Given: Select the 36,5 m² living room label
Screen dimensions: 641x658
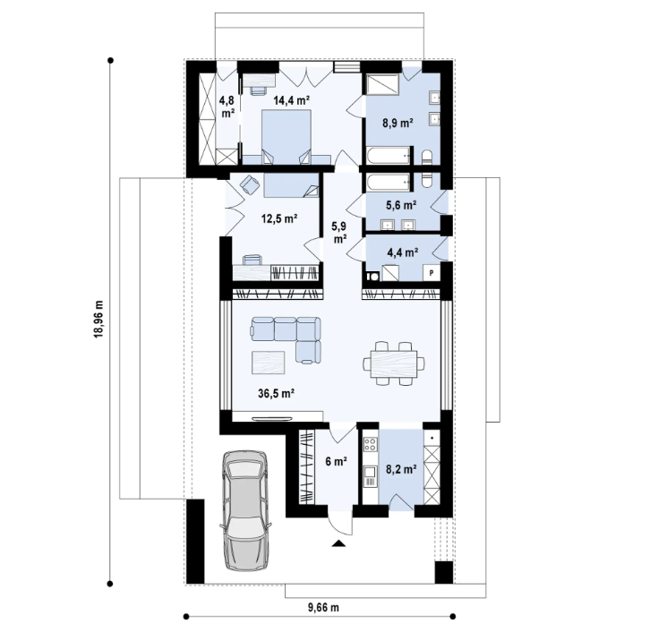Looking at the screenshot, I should coord(277,392).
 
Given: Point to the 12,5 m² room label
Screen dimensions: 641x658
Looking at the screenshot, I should coord(279,217).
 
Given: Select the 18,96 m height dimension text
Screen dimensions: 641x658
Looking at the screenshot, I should coord(98,318).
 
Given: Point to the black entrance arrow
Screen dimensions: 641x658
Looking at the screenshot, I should coord(338,543).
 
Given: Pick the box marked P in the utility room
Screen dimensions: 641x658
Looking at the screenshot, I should coord(432,272).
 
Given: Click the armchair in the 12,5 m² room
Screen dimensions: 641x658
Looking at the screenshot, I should coord(249,185).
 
